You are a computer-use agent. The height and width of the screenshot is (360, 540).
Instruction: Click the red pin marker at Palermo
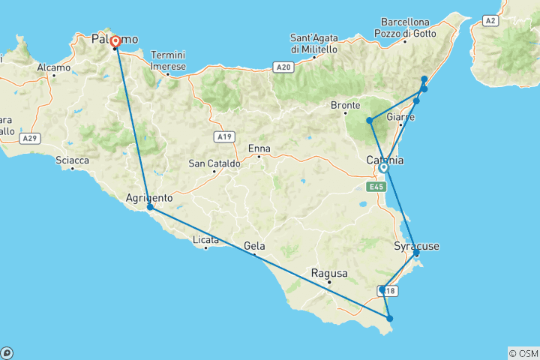pos(115,42)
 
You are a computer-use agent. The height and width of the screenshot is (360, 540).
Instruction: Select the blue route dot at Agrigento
pos(150,207)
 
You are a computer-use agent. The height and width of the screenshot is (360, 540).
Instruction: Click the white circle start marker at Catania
pos(383,168)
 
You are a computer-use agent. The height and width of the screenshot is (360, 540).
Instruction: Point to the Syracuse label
pos(416,246)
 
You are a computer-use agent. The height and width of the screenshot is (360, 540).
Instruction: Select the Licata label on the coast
pos(205,240)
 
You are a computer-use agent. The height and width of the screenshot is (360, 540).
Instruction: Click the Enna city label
pos(259,148)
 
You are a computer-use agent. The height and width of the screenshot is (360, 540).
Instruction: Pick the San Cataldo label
pos(214,163)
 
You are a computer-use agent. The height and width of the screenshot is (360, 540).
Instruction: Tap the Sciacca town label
pos(73,160)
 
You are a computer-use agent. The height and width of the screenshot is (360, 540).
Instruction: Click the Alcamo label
pos(52,67)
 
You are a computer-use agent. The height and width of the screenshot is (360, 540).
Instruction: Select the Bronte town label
pos(347,106)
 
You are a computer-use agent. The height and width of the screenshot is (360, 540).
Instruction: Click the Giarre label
pos(401,118)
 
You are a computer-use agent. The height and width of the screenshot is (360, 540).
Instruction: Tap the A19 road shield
pos(223,136)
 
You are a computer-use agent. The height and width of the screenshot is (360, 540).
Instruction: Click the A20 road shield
pos(283,67)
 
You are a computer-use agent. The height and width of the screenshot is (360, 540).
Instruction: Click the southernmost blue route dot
pos(390,319)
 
